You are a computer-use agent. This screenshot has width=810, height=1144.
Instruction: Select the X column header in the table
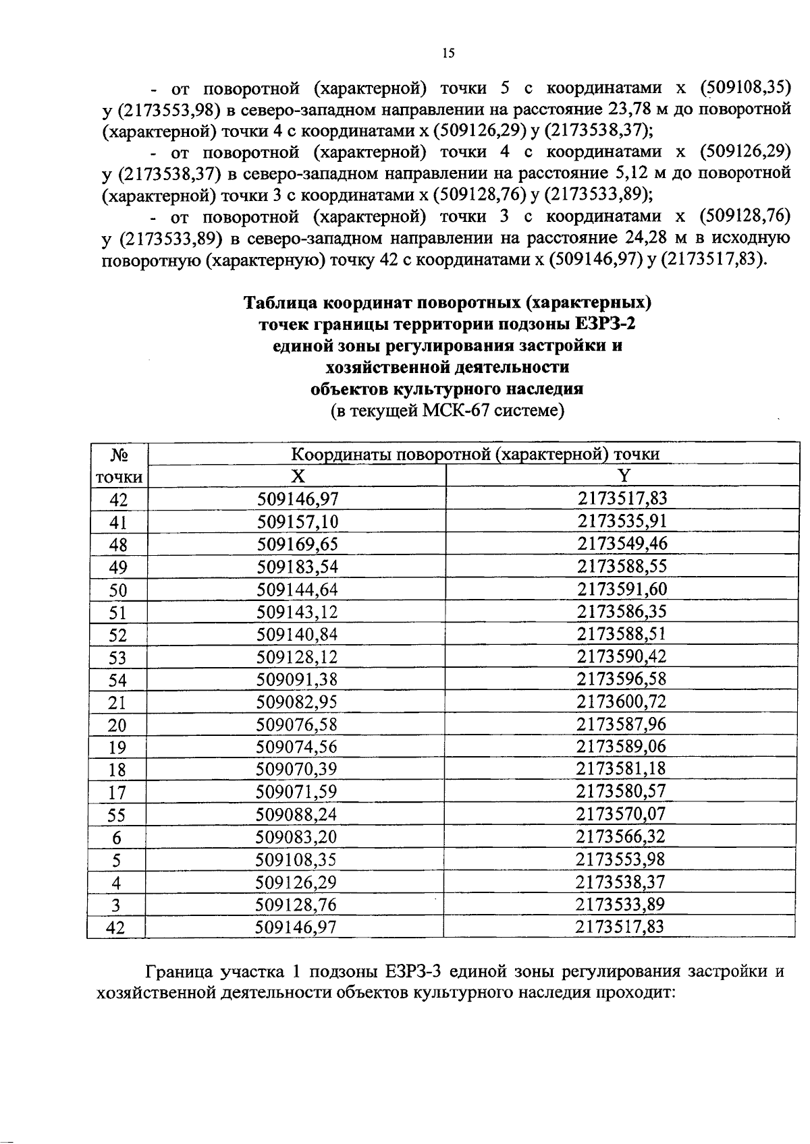pyautogui.click(x=297, y=476)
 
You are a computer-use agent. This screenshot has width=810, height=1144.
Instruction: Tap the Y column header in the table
pyautogui.click(x=624, y=476)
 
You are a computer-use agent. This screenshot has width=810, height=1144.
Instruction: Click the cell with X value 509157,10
pyautogui.click(x=298, y=521)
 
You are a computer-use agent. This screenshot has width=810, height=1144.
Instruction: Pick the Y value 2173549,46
pyautogui.click(x=622, y=544)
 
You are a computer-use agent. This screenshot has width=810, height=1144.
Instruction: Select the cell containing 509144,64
pyautogui.click(x=298, y=590)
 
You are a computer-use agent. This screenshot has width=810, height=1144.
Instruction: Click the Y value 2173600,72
pyautogui.click(x=622, y=702)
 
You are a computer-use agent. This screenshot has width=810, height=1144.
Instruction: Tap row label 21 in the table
pyautogui.click(x=117, y=703)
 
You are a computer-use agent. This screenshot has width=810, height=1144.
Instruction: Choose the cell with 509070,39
pyautogui.click(x=297, y=769)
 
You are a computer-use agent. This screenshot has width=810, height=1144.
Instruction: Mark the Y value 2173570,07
pyautogui.click(x=621, y=814)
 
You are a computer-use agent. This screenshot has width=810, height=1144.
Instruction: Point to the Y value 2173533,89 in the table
pyautogui.click(x=620, y=904)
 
